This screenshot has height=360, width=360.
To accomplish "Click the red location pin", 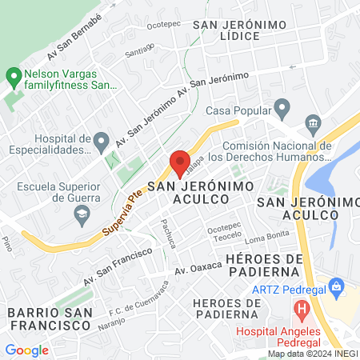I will (179, 163).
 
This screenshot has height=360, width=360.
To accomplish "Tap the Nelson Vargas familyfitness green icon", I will (13, 77).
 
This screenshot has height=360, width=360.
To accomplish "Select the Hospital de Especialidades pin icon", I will (101, 142).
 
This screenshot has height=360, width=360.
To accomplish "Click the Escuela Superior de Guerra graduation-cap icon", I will (81, 214).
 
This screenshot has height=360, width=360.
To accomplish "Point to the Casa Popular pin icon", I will (282, 106).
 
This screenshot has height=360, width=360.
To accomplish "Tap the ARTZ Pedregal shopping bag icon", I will (336, 286).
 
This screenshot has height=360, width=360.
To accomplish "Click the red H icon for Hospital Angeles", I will (302, 308).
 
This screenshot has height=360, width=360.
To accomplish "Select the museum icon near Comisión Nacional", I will (312, 122).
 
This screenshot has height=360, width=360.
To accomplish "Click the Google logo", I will (26, 350).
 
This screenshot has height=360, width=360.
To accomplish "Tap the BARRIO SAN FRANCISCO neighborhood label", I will (48, 318).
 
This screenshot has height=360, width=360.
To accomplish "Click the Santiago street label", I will (139, 52).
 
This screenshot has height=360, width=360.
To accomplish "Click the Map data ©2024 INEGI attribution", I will (312, 354).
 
